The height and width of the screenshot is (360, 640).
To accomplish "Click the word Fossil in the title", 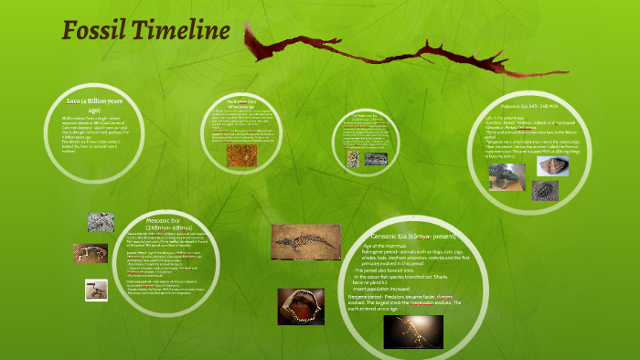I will (94, 32).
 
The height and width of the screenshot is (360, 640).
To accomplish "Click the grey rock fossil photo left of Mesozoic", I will (101, 222).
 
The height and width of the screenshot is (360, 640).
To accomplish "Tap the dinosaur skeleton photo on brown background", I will (90, 252).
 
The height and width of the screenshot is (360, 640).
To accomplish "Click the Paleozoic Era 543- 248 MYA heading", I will (545, 108).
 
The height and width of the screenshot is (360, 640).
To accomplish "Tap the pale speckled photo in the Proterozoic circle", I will (353, 159).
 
